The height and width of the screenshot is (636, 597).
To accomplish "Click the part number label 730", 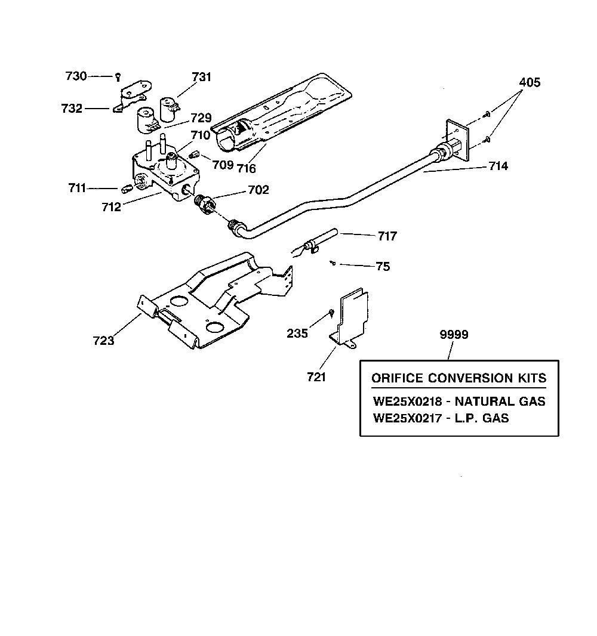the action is pyautogui.click(x=76, y=76).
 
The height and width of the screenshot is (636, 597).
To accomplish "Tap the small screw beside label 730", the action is pyautogui.click(x=118, y=76).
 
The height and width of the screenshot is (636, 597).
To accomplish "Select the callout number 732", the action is pyautogui.click(x=72, y=109).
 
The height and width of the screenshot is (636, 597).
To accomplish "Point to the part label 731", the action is pyautogui.click(x=201, y=76).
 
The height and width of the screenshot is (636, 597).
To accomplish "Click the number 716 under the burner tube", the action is pyautogui.click(x=247, y=168).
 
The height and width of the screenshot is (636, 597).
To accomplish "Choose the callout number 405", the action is pyautogui.click(x=530, y=82).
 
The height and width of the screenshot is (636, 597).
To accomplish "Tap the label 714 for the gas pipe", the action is pyautogui.click(x=498, y=166).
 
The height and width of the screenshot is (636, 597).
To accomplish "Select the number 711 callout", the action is pyautogui.click(x=77, y=188).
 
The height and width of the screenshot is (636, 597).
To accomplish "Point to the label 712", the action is pyautogui.click(x=111, y=207).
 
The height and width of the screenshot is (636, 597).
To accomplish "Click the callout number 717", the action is pyautogui.click(x=387, y=236).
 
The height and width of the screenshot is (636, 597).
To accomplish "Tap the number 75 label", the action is pyautogui.click(x=383, y=266).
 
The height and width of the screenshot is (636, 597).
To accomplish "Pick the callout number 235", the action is pyautogui.click(x=297, y=333).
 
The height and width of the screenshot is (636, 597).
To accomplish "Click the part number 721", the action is pyautogui.click(x=316, y=377).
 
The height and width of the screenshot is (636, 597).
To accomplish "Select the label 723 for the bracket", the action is pyautogui.click(x=103, y=340).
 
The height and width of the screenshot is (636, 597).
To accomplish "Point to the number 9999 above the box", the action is pyautogui.click(x=454, y=335).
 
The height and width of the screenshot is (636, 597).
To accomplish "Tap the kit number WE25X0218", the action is pyautogui.click(x=408, y=401).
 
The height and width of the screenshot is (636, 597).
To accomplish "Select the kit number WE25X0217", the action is pyautogui.click(x=408, y=418).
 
